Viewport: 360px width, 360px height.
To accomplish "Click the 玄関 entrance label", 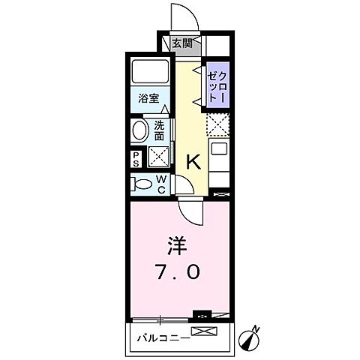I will click(182, 43).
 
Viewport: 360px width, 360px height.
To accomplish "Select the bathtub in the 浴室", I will click(152, 73).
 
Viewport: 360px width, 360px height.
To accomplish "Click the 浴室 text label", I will click(148, 99).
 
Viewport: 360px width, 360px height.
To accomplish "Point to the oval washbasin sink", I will click(140, 132).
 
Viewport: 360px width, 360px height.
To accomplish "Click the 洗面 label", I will click(160, 132).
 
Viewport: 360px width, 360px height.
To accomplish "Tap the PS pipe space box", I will click(136, 157).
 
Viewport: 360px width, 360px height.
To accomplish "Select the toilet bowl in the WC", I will click(142, 184).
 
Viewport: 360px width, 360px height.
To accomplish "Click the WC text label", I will click(161, 184).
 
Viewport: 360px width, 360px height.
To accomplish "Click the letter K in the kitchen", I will click(192, 160).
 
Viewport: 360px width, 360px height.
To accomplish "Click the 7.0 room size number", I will click(178, 272).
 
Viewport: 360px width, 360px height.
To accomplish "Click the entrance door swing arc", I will click(181, 16).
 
